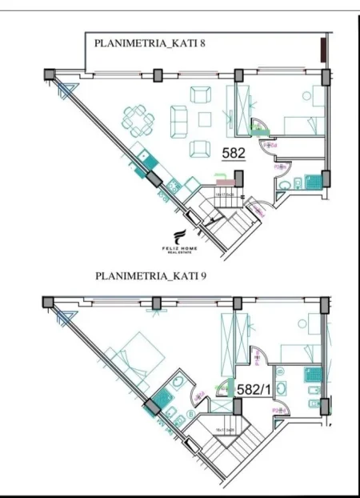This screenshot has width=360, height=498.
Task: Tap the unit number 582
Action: pos(234,151)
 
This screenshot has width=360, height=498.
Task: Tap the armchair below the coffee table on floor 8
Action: pos(200,149)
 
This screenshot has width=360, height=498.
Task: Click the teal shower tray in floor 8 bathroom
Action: pos(318,181)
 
